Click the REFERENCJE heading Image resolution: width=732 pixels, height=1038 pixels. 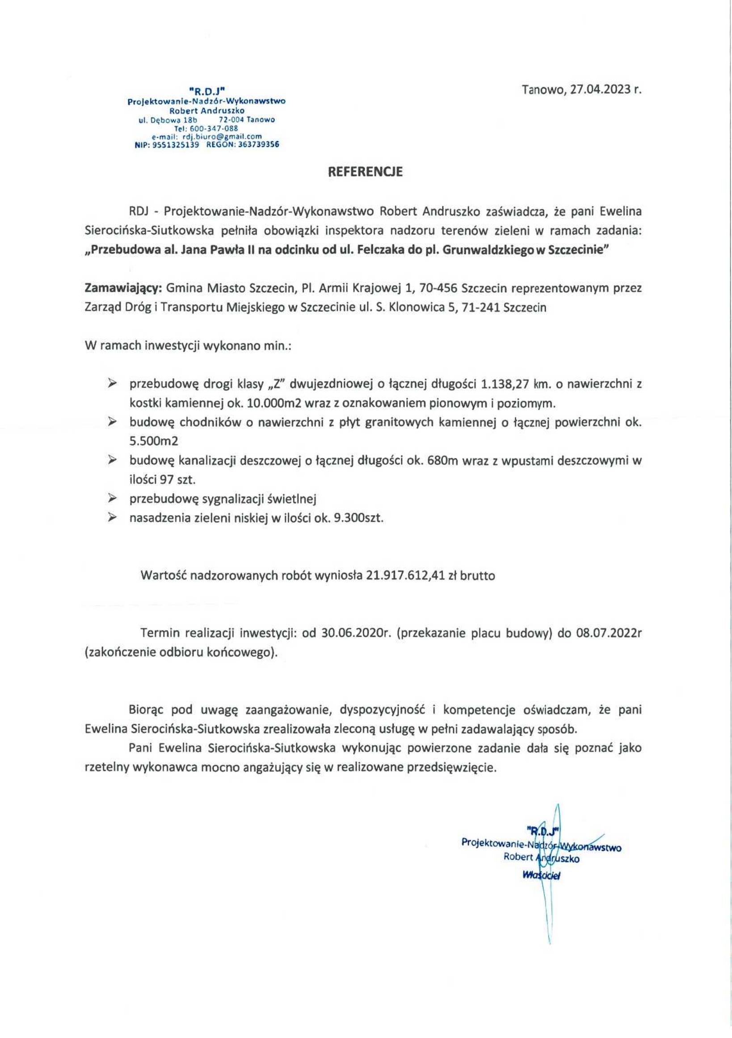(365, 172)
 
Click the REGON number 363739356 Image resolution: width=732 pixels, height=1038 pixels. (253, 145)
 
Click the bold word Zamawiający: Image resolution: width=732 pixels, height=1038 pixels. (123, 288)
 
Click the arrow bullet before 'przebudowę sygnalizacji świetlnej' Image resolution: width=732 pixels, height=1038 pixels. (111, 499)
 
